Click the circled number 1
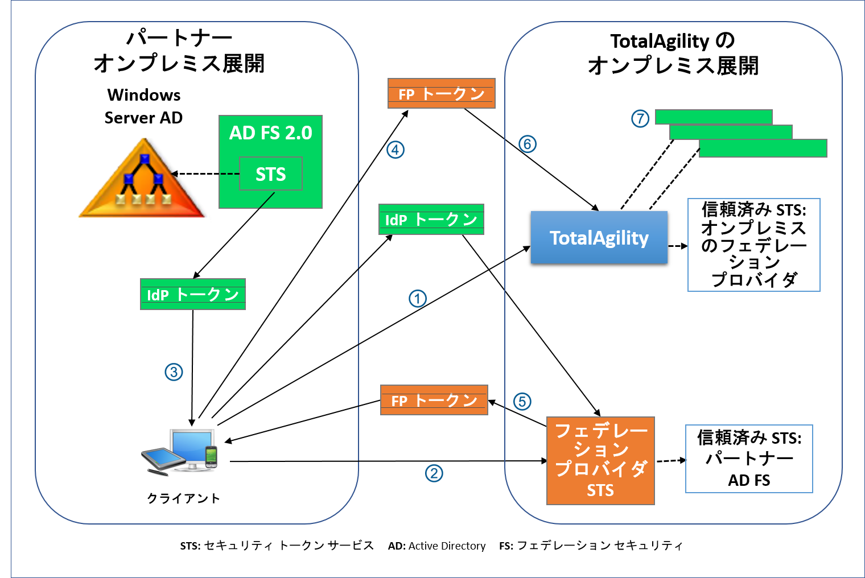418,299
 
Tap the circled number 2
434,473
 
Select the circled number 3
174,372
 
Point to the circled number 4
396,150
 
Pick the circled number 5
522,402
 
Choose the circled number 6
528,144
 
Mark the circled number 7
640,119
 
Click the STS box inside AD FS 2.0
270,174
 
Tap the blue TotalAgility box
599,238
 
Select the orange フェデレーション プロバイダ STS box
600,461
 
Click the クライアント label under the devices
183,498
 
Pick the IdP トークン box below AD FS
192,294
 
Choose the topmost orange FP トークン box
441,93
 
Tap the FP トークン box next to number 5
434,400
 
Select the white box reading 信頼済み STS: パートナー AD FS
749,459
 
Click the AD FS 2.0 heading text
270,133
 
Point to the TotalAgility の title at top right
673,42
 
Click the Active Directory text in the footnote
447,546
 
